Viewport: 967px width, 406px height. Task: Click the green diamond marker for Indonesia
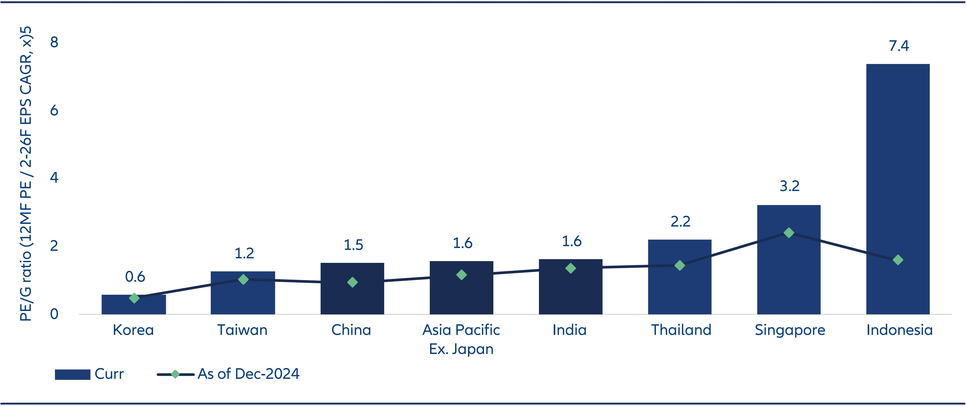point(898,260)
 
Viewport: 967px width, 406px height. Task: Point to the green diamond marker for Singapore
point(789,233)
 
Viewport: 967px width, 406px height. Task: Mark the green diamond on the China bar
point(352,282)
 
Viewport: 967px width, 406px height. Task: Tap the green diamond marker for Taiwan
point(243,279)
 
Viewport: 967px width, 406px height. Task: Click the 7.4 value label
point(899,46)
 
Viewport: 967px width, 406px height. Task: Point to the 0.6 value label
point(135,277)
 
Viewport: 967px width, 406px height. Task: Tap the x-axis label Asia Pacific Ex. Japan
point(461,339)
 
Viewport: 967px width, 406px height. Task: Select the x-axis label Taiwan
point(242,330)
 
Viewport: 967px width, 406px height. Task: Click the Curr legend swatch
point(72,374)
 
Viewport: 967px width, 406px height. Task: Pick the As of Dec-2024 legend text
point(248,374)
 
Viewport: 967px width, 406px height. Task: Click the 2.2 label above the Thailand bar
point(680,221)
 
